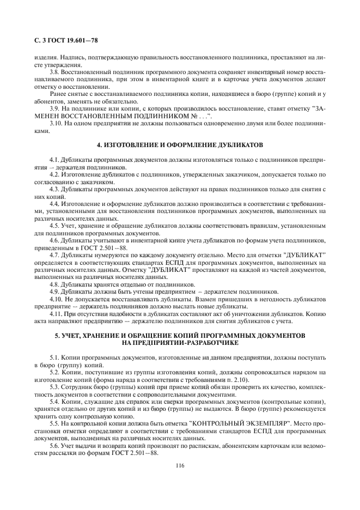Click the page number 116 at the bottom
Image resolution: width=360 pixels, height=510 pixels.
[180, 465]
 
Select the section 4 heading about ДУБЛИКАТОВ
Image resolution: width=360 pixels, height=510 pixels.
[180, 145]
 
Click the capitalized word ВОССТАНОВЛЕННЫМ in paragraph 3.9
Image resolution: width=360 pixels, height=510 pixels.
[115, 117]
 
